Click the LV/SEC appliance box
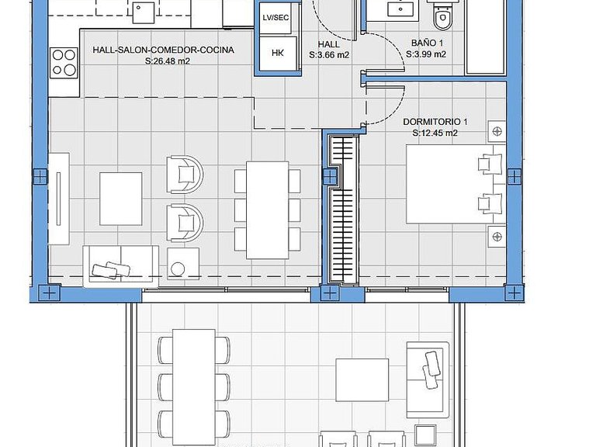[275, 18]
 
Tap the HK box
[278, 54]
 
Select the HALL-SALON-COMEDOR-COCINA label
[164, 50]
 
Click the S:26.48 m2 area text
[168, 61]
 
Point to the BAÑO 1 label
[427, 43]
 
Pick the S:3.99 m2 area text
[426, 54]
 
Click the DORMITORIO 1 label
[435, 122]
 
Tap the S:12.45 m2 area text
[435, 133]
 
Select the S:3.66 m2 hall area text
[329, 55]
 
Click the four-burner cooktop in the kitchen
[64, 62]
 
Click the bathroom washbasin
[401, 9]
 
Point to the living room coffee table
[121, 199]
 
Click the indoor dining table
[268, 210]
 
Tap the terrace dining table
[194, 388]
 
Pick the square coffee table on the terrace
[362, 380]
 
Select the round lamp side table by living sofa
[183, 264]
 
